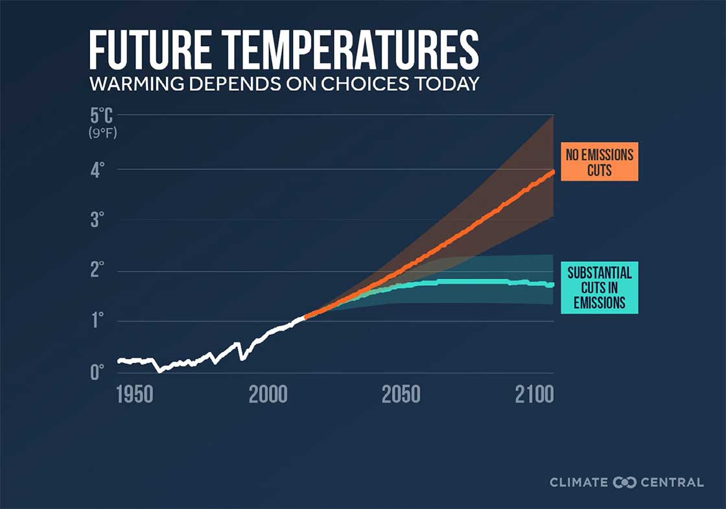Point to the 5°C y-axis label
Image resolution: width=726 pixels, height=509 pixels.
tap(102, 118)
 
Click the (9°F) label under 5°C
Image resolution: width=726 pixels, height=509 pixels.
tap(102, 134)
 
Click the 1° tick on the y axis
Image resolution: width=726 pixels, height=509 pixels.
tap(98, 321)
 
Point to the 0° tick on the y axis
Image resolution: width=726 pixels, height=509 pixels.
tap(98, 372)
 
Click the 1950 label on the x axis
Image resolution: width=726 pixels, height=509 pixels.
tap(135, 395)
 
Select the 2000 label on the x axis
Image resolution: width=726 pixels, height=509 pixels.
tap(268, 395)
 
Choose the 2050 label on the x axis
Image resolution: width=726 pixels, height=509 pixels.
tap(401, 395)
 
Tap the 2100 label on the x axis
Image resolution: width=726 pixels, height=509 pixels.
tap(534, 395)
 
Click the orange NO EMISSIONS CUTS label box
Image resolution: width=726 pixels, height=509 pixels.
tap(599, 161)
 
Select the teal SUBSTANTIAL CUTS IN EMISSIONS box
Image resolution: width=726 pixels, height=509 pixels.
tap(599, 287)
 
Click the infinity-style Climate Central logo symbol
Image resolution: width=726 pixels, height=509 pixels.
tap(624, 482)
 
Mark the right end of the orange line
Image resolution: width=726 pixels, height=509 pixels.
tap(553, 171)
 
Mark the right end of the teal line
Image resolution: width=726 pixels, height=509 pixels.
tap(552, 284)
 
